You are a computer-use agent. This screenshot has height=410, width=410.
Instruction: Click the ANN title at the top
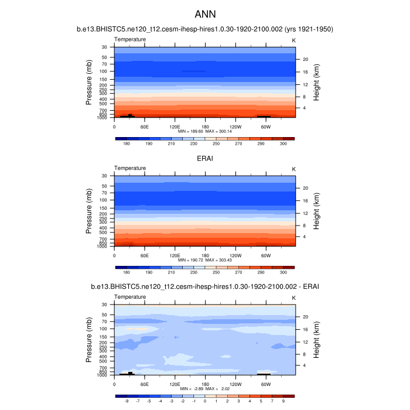pos(204,13)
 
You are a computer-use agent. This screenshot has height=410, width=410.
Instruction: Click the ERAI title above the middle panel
pos(205,158)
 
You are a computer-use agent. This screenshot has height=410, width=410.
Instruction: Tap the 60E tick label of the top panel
pos(145,126)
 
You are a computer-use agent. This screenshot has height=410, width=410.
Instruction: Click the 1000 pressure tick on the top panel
pos(102,118)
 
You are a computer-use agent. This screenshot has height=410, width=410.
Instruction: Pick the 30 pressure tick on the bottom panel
pos(104,305)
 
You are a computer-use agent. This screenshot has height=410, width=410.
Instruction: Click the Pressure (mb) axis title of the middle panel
pos(89,211)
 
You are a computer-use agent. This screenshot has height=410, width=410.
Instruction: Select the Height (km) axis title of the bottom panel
pos(316,340)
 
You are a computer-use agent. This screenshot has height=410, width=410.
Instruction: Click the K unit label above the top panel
pos(293,39)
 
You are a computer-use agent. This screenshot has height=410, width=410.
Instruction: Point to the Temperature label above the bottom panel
pos(130,297)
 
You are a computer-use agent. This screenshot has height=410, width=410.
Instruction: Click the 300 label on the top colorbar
pos(283,143)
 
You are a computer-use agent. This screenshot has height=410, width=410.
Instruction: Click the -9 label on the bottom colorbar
pos(127,401)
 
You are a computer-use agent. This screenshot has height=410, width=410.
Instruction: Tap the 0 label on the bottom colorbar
pos(205,401)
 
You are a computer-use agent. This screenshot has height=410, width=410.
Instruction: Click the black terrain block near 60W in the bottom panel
pos(264,373)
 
